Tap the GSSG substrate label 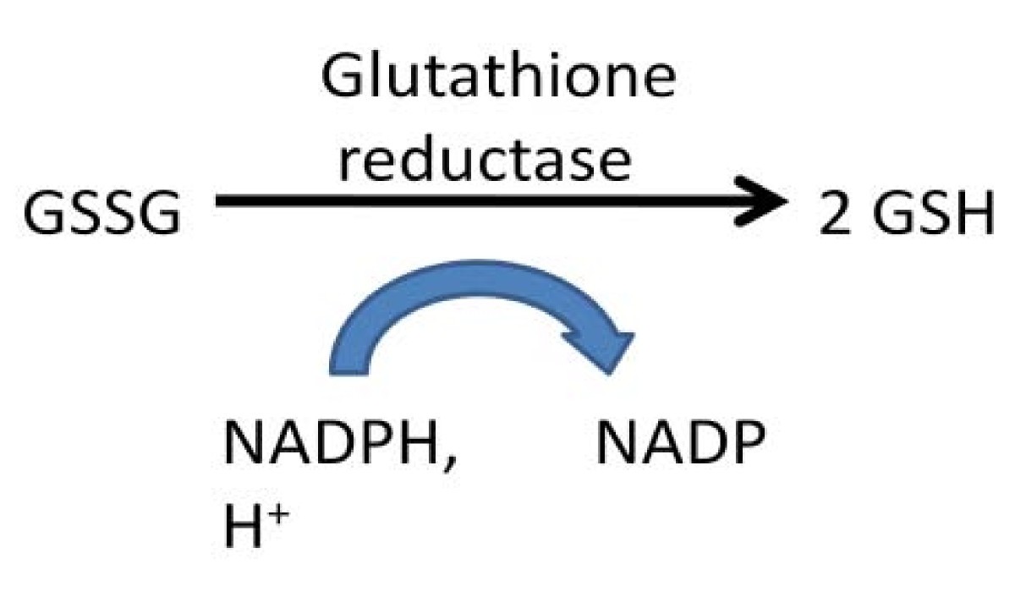click(102, 212)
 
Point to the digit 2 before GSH click(836, 212)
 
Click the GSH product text click(935, 212)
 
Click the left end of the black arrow click(217, 200)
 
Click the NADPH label click(333, 441)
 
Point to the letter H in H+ click(244, 524)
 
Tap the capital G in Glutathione click(343, 75)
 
